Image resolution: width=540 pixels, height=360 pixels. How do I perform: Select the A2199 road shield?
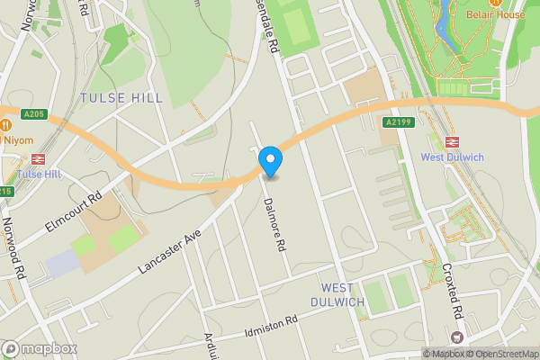click(x=399, y=122)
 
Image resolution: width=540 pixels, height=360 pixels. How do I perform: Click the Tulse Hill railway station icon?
click(x=39, y=158)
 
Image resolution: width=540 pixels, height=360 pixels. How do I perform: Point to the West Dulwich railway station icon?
click(x=451, y=141)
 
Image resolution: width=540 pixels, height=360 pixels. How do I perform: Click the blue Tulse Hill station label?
click(x=39, y=174)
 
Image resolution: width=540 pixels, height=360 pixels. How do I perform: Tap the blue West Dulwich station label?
click(x=452, y=157)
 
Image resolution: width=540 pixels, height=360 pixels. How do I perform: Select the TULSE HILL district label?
click(x=121, y=97)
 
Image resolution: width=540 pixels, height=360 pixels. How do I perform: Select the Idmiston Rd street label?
click(x=270, y=328)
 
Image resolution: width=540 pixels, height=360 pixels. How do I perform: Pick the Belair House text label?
click(x=496, y=15)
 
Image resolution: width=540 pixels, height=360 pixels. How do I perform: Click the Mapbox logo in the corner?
click(x=39, y=348)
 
